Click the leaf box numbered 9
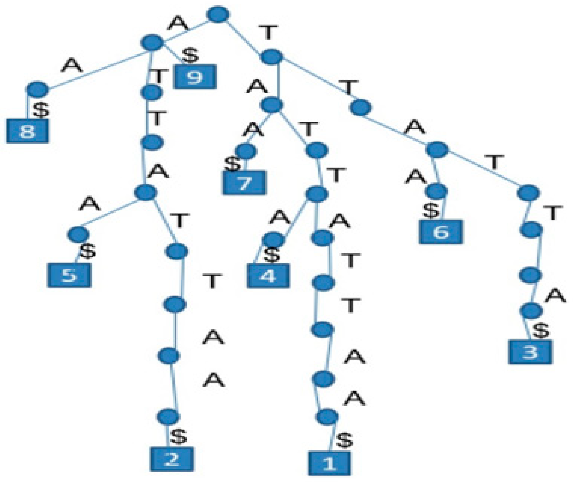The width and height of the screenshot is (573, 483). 195,77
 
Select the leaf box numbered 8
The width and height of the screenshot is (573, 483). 27,131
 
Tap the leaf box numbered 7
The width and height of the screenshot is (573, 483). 244,183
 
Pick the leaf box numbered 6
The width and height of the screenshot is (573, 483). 441,232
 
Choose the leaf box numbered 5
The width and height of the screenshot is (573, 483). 69,275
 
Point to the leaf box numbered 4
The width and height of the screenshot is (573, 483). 268,276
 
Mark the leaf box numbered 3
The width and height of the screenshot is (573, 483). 530,352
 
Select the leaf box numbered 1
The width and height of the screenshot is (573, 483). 329,463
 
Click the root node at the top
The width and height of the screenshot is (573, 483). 218,14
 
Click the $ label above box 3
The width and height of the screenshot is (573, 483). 541,330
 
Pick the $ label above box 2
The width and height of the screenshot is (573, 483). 178,436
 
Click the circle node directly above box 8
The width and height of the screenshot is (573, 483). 37,90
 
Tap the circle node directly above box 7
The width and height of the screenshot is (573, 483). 246,151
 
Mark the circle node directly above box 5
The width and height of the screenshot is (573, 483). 78,234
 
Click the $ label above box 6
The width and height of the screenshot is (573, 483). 431,210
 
